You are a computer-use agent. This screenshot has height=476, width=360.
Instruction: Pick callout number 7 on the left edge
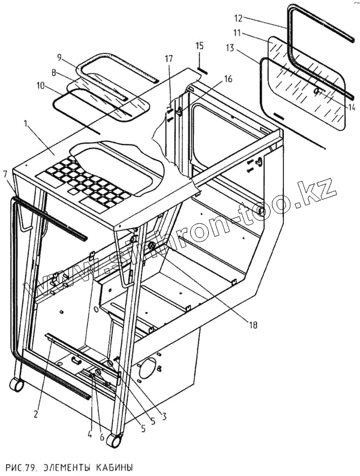[5, 174]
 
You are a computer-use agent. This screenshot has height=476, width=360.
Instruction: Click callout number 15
[200, 46]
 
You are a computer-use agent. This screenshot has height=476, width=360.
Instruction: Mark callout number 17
[169, 59]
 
